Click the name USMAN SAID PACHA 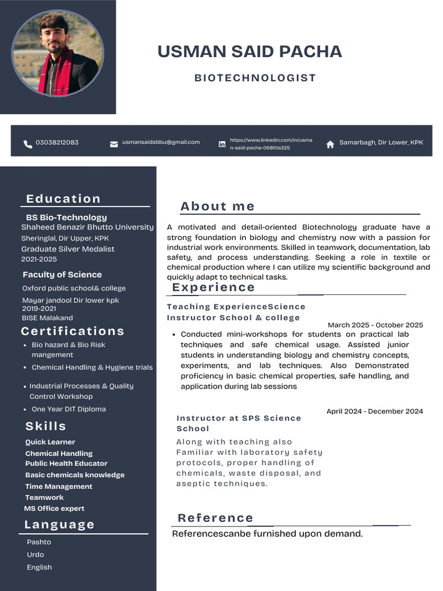point(249,51)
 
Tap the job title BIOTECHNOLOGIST point(255,78)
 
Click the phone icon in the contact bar point(28,144)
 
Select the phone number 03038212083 point(57,143)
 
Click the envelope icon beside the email point(114,144)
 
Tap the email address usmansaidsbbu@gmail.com point(161,142)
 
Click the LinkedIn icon point(222,144)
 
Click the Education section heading point(63,199)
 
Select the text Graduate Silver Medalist point(67,249)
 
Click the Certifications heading point(73,331)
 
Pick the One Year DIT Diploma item point(69,409)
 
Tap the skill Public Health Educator point(66,463)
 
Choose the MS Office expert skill point(54,508)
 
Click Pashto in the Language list point(39,542)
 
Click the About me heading point(217,207)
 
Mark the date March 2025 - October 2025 point(375,325)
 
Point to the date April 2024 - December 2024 point(374,412)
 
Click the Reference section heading point(216,518)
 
